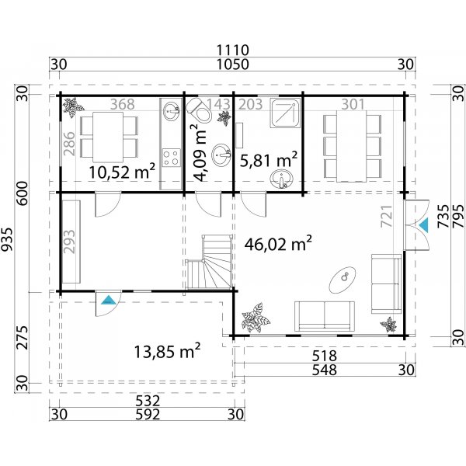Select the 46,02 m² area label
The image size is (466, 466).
click(278, 245)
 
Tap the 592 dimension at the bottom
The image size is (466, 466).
click(147, 415)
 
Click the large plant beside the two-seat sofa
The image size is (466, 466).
click(253, 319)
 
